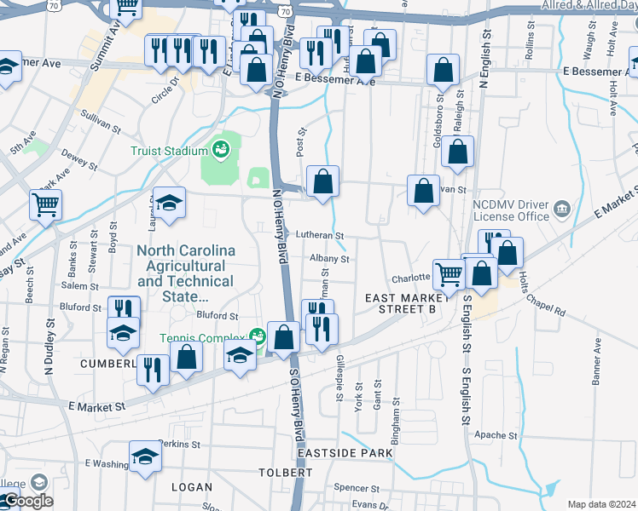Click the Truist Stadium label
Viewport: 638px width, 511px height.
(x=169, y=151)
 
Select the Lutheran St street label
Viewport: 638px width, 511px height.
(x=320, y=235)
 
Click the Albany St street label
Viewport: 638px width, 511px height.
(x=329, y=258)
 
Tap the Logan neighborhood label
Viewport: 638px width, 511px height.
(x=191, y=486)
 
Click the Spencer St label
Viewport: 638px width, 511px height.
(x=356, y=488)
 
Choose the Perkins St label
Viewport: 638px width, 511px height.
(x=180, y=444)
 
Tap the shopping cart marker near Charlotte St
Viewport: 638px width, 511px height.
(x=449, y=273)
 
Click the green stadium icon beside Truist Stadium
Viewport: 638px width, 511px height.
(x=221, y=150)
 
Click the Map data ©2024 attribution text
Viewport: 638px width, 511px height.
(x=601, y=504)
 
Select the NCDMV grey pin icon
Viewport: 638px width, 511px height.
(x=561, y=209)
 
